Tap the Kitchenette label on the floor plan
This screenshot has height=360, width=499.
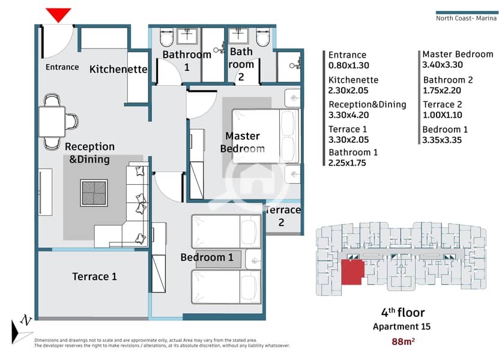(x=118, y=69)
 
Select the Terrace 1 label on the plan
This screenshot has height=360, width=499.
(x=94, y=277)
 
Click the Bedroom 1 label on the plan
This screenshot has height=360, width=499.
(x=207, y=257)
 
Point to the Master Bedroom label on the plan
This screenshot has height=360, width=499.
(x=243, y=142)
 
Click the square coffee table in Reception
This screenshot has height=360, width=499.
(x=94, y=193)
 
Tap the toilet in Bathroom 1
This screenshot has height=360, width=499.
(x=166, y=37)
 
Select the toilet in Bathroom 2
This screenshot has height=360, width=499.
(x=263, y=37)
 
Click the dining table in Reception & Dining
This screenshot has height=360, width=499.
(x=52, y=122)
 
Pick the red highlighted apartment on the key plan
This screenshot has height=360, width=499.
(x=352, y=272)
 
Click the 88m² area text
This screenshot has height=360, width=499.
(x=403, y=341)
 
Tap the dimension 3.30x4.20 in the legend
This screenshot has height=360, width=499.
(x=348, y=115)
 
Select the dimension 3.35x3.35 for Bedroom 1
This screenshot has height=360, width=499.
(x=442, y=140)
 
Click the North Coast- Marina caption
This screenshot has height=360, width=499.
(x=466, y=18)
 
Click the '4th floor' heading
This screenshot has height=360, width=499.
(x=403, y=313)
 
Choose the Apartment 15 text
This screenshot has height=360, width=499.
(x=402, y=326)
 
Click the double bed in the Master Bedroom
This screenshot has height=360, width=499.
(x=266, y=136)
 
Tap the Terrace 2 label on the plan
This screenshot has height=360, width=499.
(x=283, y=216)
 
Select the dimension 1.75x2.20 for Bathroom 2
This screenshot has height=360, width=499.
(x=442, y=91)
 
